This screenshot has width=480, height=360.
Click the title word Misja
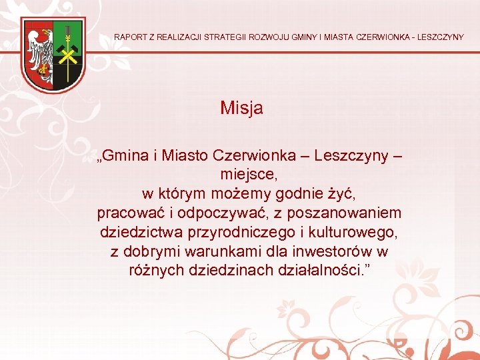pyautogui.click(x=241, y=108)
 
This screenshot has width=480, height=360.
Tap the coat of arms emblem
pyautogui.click(x=53, y=55)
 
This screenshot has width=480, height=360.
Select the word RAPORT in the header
pyautogui.click(x=131, y=37)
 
